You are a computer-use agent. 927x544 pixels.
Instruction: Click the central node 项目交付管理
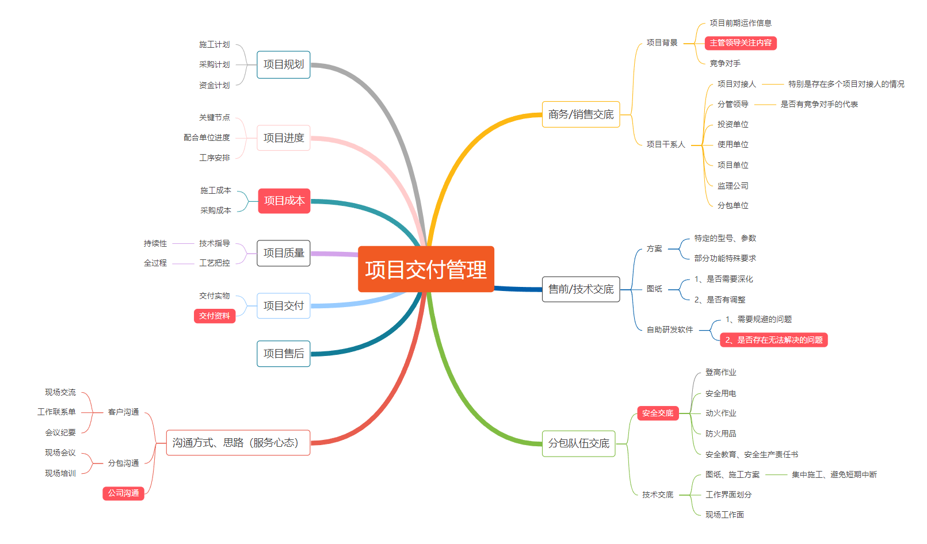(x=426, y=269)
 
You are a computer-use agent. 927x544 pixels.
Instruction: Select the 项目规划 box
(x=283, y=64)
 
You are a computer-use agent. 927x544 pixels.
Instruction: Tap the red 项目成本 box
(x=284, y=201)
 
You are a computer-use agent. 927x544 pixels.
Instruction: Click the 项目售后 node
(x=283, y=354)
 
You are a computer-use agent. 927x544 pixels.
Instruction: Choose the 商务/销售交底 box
(x=581, y=114)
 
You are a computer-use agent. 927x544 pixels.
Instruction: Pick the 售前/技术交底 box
(x=581, y=289)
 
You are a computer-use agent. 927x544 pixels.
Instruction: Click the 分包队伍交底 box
(x=578, y=443)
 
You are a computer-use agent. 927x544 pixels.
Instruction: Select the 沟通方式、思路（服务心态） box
(x=238, y=443)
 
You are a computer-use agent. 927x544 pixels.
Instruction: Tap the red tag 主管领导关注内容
(x=741, y=43)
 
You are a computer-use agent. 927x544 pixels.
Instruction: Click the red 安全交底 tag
(x=658, y=413)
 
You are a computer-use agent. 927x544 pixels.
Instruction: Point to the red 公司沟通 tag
(x=123, y=493)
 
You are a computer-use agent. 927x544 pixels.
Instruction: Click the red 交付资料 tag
(x=215, y=316)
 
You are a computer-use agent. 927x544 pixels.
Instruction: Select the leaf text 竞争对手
(x=725, y=64)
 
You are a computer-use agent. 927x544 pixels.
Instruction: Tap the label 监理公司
(x=733, y=186)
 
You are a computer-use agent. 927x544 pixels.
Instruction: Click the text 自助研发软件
(x=670, y=330)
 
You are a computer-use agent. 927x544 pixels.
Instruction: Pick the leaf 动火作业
(x=720, y=413)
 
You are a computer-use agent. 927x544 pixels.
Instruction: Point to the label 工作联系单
(x=56, y=412)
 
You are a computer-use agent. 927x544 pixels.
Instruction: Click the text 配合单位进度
(x=207, y=138)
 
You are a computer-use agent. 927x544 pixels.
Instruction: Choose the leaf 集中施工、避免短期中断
(x=834, y=475)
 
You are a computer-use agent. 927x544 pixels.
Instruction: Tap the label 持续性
(x=155, y=244)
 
